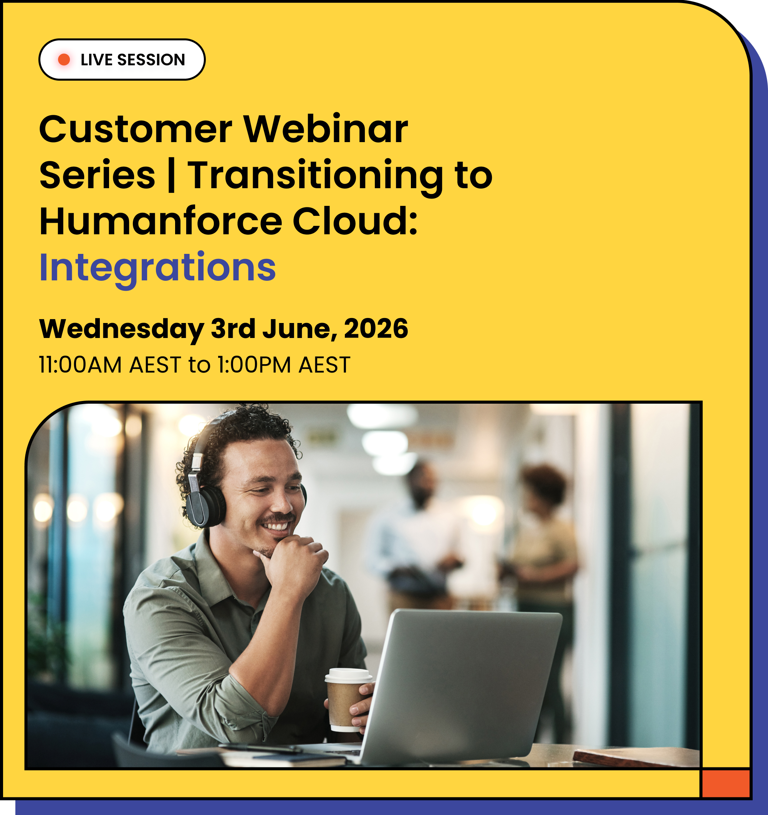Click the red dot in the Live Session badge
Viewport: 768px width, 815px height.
[x=64, y=60]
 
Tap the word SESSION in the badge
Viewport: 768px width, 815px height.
[x=151, y=60]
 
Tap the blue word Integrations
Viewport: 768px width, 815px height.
[x=157, y=268]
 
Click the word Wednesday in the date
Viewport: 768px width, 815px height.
[x=121, y=329]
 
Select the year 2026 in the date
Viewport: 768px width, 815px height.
[x=376, y=329]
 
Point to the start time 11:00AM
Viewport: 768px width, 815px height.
[x=80, y=364]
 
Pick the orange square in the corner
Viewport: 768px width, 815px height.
[x=725, y=783]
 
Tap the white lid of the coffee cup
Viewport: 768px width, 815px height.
[x=348, y=674]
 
